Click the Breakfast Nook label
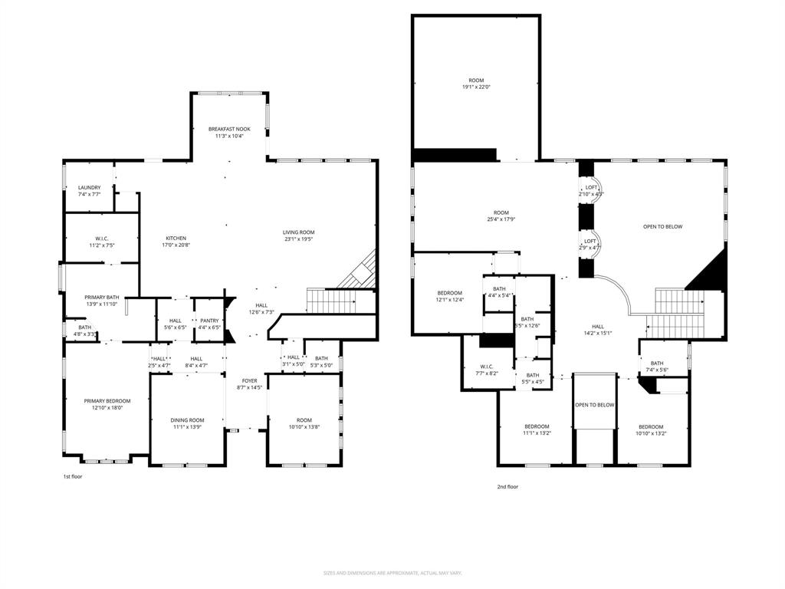click(x=229, y=129)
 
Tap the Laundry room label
click(x=89, y=187)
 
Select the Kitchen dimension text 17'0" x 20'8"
click(x=176, y=245)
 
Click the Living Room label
click(x=298, y=232)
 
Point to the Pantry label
click(x=209, y=321)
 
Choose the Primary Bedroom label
click(x=107, y=401)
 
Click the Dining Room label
click(x=187, y=420)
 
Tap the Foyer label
click(x=249, y=380)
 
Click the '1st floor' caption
click(x=72, y=476)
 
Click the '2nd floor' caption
click(x=507, y=486)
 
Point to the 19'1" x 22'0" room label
click(x=476, y=81)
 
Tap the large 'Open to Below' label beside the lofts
click(x=662, y=226)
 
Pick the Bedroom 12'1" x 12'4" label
click(x=450, y=293)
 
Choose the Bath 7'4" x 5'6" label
click(x=657, y=364)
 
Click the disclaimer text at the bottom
click(x=392, y=573)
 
